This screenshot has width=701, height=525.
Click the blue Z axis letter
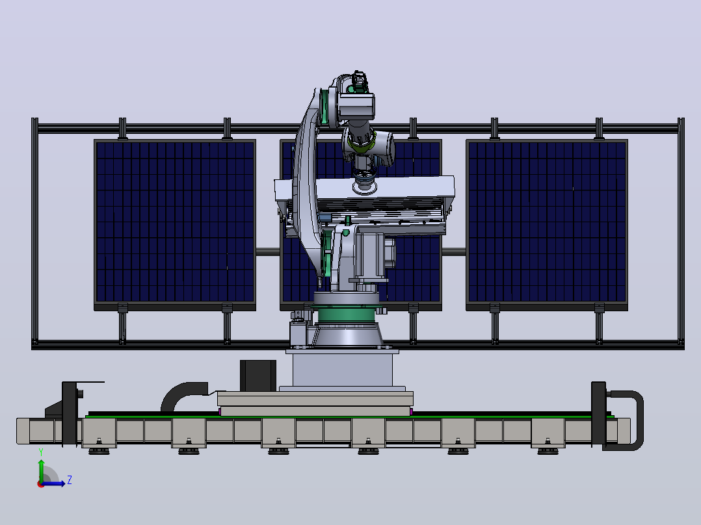point(70,480)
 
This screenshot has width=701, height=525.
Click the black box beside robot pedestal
point(258,376)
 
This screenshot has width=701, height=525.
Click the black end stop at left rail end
point(70,413)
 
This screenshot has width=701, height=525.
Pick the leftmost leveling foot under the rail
point(99,450)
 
